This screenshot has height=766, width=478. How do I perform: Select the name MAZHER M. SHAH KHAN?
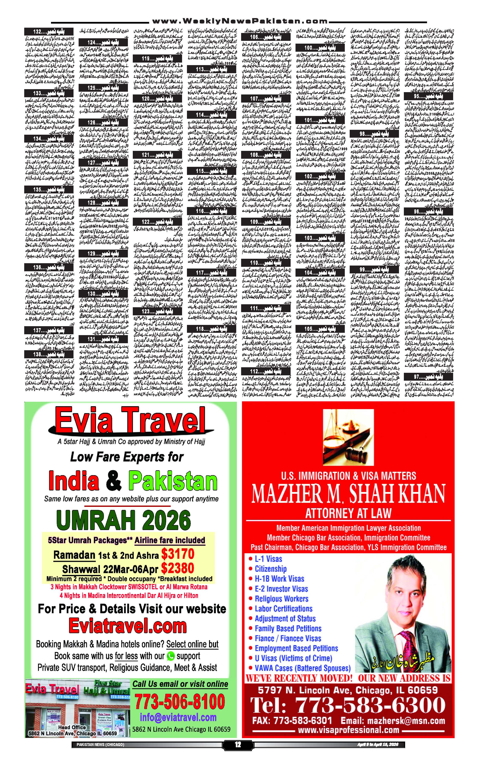348,494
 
